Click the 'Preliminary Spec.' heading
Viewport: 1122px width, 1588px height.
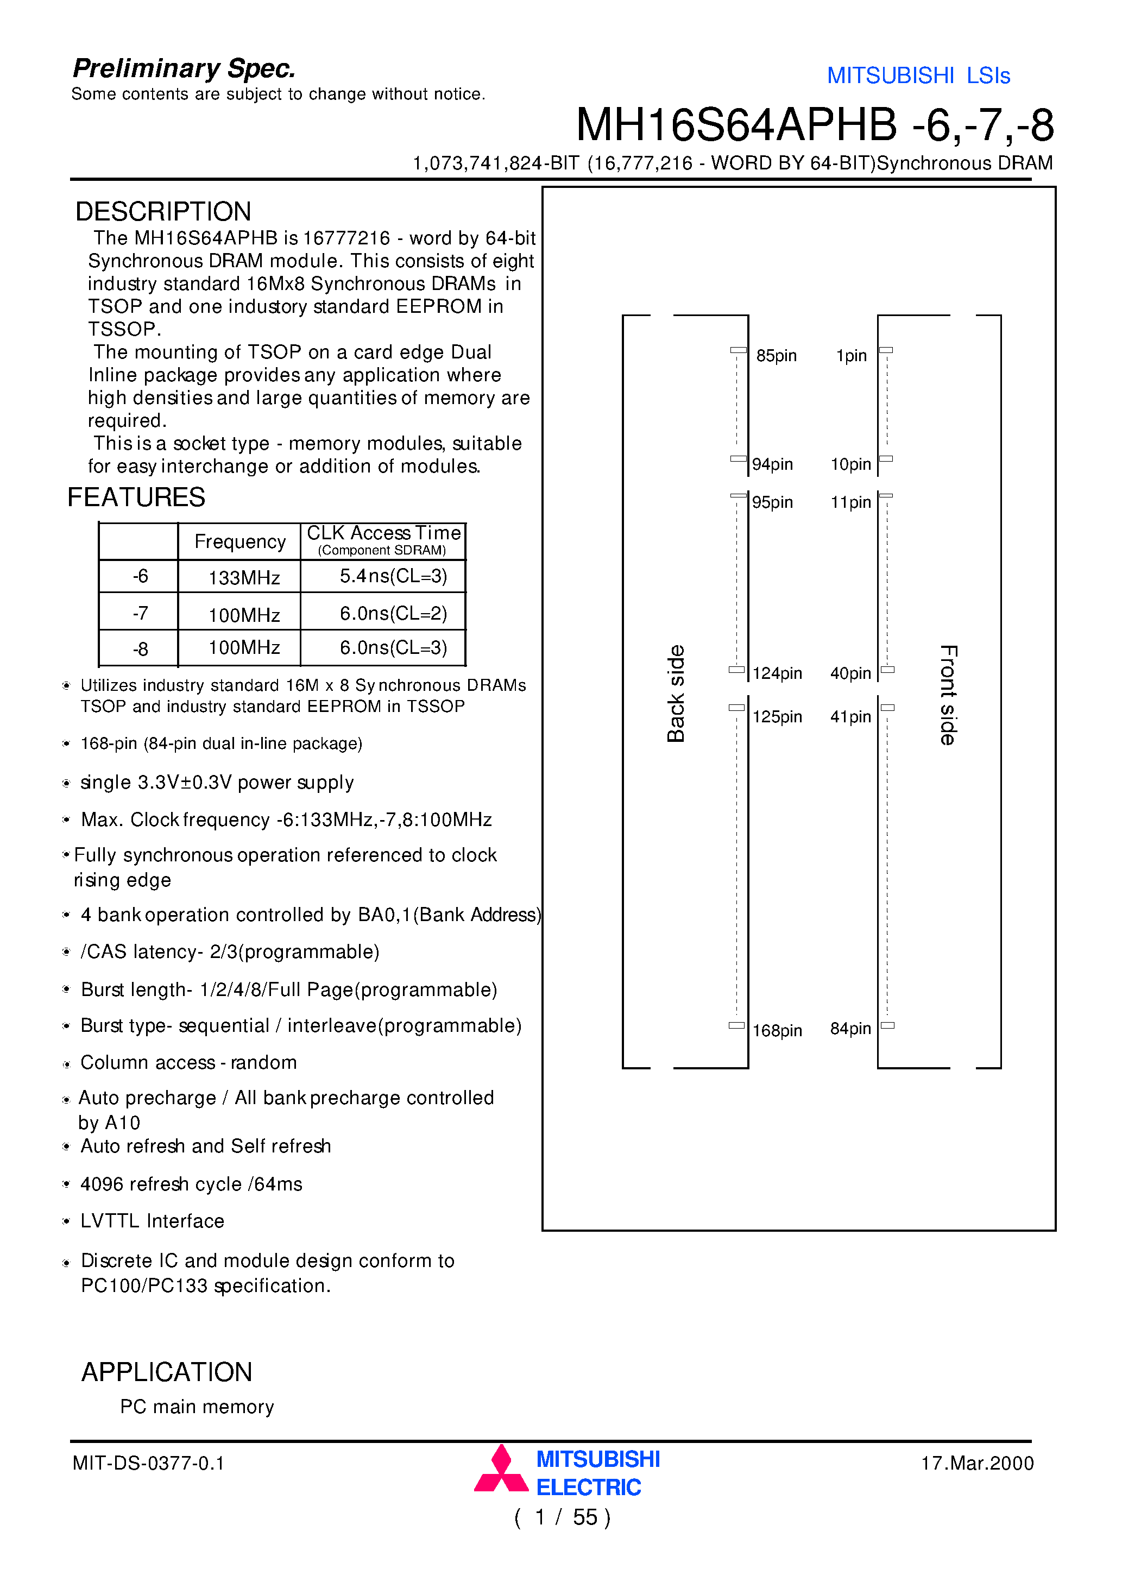184,68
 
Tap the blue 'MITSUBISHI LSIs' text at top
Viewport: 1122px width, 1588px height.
918,75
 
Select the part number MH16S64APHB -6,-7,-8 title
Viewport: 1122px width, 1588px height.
814,125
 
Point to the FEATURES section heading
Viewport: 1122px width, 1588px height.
136,497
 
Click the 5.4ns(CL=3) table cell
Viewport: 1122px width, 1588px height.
393,576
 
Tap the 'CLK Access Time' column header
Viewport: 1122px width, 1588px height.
383,533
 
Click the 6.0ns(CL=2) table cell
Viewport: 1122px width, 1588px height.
393,614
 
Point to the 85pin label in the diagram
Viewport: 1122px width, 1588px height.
776,356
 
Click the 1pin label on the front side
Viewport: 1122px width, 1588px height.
851,356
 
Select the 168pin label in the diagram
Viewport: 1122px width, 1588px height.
777,1031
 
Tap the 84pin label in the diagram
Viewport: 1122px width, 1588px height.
850,1029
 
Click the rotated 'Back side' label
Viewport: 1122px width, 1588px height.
676,694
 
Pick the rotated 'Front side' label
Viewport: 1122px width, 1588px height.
948,695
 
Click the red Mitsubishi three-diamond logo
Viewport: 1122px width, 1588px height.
501,1469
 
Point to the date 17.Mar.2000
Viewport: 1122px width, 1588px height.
977,1463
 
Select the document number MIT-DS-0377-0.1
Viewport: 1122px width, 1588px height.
148,1463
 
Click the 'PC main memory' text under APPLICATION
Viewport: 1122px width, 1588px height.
197,1407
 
